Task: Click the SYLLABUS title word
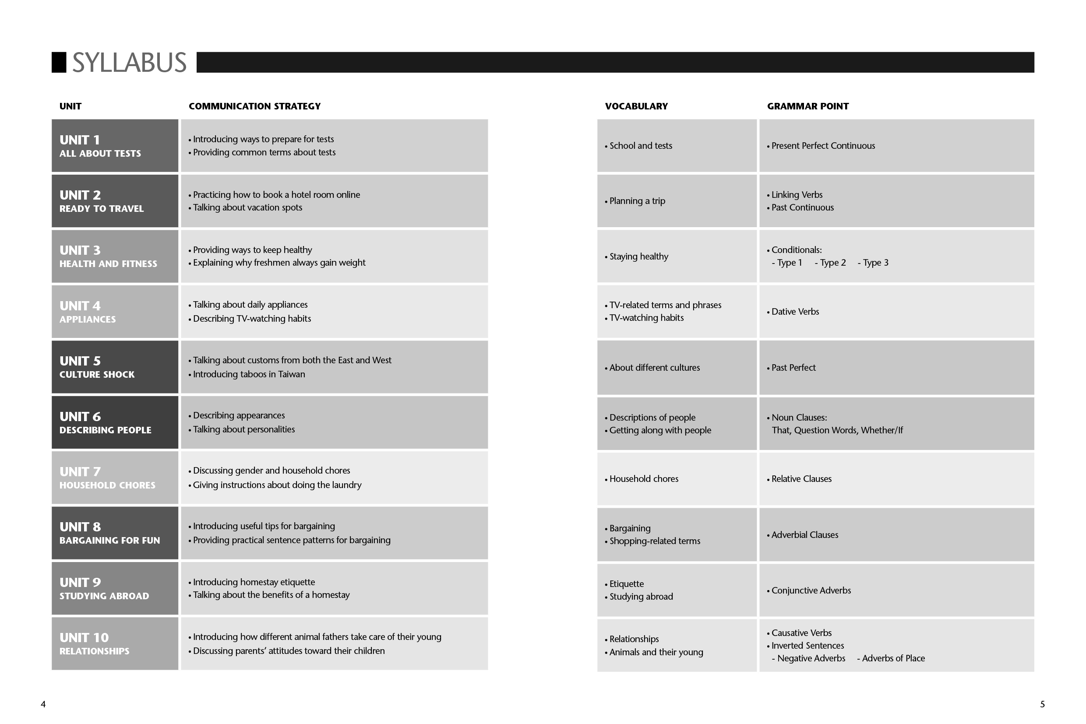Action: [129, 63]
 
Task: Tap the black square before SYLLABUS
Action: [59, 62]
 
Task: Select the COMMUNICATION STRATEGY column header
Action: [254, 106]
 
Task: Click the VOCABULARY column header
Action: [636, 106]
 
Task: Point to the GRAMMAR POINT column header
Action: [807, 106]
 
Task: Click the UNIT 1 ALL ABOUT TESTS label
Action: [100, 146]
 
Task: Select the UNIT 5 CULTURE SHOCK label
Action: [97, 367]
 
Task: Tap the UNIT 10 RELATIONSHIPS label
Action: [94, 643]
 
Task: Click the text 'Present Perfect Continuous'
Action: [823, 146]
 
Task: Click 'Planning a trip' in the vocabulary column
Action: [637, 201]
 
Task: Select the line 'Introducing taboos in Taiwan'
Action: [249, 374]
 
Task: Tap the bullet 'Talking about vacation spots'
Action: [247, 208]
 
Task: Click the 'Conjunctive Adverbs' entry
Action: [811, 590]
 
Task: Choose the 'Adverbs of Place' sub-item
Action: [893, 658]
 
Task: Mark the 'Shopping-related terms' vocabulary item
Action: [655, 541]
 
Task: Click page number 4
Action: [43, 704]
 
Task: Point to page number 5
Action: [1043, 704]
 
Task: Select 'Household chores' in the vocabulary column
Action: [643, 479]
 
